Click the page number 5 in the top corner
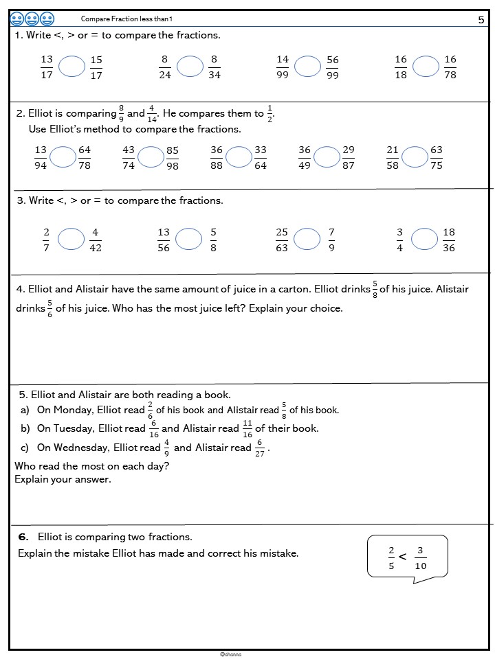click(x=481, y=20)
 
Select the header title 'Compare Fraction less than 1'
click(x=126, y=19)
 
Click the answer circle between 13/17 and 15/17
click(x=71, y=67)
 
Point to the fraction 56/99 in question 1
click(x=333, y=67)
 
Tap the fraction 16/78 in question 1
click(x=450, y=67)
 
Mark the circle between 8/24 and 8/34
click(x=190, y=67)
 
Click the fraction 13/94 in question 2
click(x=41, y=157)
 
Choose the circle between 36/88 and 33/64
click(x=239, y=157)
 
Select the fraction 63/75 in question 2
click(x=437, y=157)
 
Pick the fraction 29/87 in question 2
click(x=349, y=157)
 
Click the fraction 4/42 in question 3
click(x=96, y=240)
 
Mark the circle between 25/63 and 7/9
click(x=307, y=239)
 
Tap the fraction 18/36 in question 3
click(x=449, y=240)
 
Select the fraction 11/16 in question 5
click(x=247, y=428)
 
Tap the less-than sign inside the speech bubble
click(x=403, y=556)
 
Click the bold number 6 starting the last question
click(x=23, y=537)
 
